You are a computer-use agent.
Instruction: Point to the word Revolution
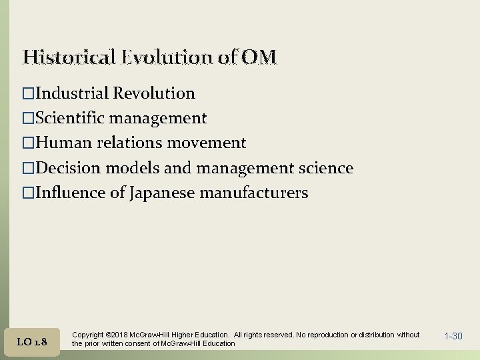pyautogui.click(x=154, y=93)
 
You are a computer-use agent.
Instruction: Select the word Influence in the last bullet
pyautogui.click(x=68, y=193)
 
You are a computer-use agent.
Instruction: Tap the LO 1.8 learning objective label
pyautogui.click(x=32, y=341)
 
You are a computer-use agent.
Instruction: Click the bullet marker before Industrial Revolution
pyautogui.click(x=28, y=93)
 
